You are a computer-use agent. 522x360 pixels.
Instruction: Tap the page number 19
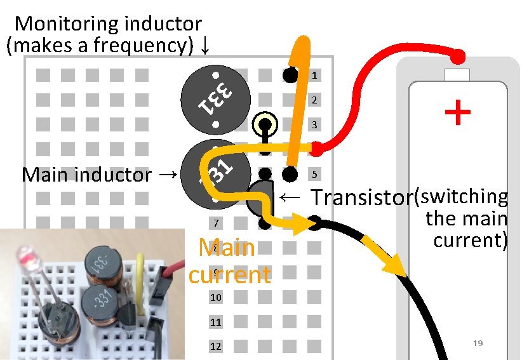[478, 343]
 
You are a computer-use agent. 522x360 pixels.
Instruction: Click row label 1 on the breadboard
[314, 76]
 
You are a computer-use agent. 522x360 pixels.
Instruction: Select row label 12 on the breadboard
[216, 347]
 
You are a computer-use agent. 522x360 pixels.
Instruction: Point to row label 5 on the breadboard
[314, 174]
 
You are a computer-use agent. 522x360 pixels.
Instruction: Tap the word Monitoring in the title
[66, 24]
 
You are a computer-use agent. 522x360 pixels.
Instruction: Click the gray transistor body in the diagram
[258, 199]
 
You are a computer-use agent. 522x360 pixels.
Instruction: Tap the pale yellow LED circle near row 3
[265, 124]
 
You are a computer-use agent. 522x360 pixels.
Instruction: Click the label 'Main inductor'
[86, 175]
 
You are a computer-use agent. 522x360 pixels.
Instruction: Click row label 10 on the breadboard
[216, 298]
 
